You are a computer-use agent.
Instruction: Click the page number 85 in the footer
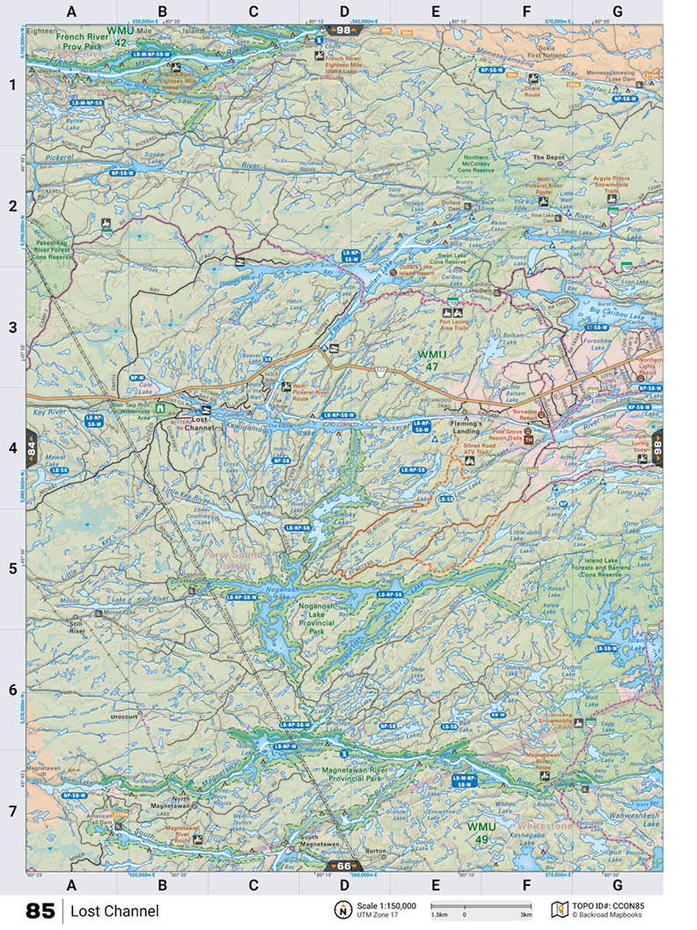[40, 911]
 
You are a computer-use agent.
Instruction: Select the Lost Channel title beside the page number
[115, 911]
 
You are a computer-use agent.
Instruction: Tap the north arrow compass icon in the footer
[341, 910]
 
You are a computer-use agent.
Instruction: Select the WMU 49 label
[481, 832]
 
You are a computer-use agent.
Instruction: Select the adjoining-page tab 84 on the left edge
[31, 447]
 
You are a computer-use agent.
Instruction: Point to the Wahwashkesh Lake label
[631, 815]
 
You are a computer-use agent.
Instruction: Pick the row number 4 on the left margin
[12, 447]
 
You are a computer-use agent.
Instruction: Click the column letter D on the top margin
[344, 11]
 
